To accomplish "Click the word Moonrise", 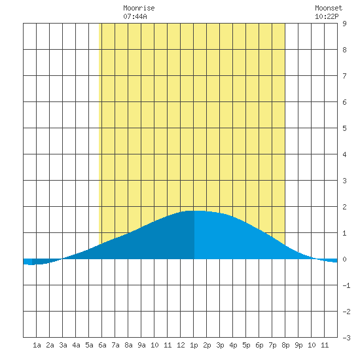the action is click(139, 8).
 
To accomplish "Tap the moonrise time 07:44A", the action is click(135, 16).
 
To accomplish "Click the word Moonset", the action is click(329, 8).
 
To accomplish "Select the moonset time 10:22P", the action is click(327, 16).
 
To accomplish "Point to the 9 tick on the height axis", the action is click(344, 24).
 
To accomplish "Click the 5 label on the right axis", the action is click(344, 128).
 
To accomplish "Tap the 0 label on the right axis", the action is click(344, 259).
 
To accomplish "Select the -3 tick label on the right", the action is click(346, 338).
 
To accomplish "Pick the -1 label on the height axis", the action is click(346, 285).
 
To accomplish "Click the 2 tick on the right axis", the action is click(344, 207).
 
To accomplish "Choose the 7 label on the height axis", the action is click(344, 76).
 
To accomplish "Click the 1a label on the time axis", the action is click(37, 345).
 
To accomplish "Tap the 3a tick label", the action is click(63, 345).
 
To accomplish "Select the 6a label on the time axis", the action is click(102, 345).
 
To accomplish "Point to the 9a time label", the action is click(141, 345).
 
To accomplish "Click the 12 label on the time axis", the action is click(181, 345).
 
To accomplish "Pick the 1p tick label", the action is click(194, 345).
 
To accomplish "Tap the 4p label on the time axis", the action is click(233, 345).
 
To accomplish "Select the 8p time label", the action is click(285, 345).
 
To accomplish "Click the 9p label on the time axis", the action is click(298, 345).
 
